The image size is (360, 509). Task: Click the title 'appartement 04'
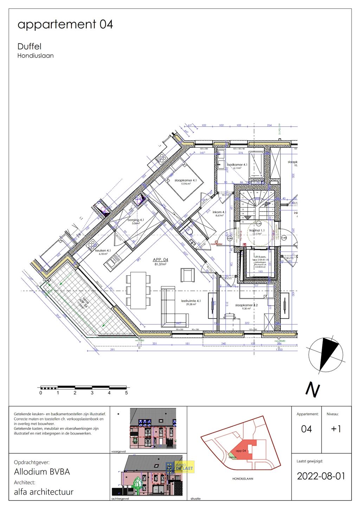[65, 24]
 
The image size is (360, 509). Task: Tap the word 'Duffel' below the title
[30, 46]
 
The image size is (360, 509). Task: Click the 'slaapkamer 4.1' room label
[185, 180]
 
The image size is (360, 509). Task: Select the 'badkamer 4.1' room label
[237, 165]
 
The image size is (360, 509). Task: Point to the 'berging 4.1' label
[136, 220]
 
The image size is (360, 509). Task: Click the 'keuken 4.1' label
[103, 250]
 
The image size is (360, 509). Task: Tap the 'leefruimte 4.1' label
[191, 301]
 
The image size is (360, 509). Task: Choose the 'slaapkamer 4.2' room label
[246, 305]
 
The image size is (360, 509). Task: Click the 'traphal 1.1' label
[257, 231]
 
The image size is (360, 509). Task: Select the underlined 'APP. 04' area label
[160, 260]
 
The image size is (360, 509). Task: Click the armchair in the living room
[187, 275]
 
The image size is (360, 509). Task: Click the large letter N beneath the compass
[312, 389]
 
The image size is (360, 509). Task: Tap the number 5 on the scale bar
[126, 393]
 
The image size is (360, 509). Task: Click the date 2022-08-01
[321, 476]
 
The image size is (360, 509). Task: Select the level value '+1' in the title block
[336, 429]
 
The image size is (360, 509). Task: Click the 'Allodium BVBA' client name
[42, 472]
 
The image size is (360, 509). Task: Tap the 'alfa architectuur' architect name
[44, 492]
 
